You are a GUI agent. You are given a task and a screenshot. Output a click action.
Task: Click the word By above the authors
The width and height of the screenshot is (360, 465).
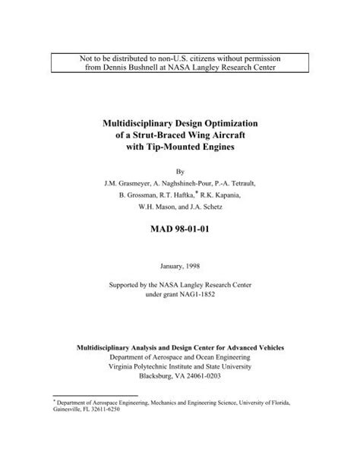[181, 172]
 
